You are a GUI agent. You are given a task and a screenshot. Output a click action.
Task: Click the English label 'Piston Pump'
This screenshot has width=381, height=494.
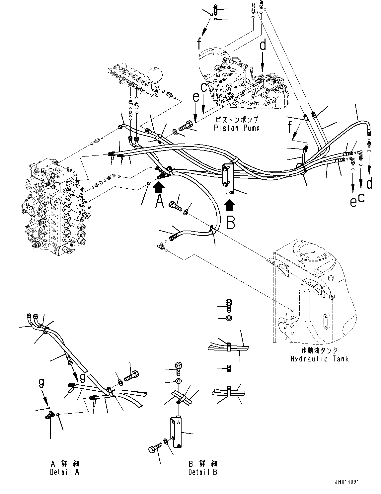coord(237,128)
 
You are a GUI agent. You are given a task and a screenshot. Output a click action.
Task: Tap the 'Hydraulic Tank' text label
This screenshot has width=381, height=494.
coord(320,359)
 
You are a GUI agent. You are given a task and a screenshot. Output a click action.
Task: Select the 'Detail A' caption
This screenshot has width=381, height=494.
coord(65,472)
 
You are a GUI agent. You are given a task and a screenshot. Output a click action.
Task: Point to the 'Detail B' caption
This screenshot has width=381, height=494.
coord(203,472)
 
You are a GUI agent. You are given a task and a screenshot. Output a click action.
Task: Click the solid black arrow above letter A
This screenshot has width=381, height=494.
coord(159,188)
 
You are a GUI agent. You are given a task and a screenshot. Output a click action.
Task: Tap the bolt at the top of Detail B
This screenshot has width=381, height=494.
coord(229,305)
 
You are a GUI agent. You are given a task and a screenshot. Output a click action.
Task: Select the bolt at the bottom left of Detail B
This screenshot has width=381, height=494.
coord(154,450)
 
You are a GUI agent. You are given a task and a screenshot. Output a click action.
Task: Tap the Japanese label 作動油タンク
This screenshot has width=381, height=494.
coord(320,351)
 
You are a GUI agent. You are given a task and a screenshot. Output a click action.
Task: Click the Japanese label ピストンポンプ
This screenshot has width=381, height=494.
coord(237,120)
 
